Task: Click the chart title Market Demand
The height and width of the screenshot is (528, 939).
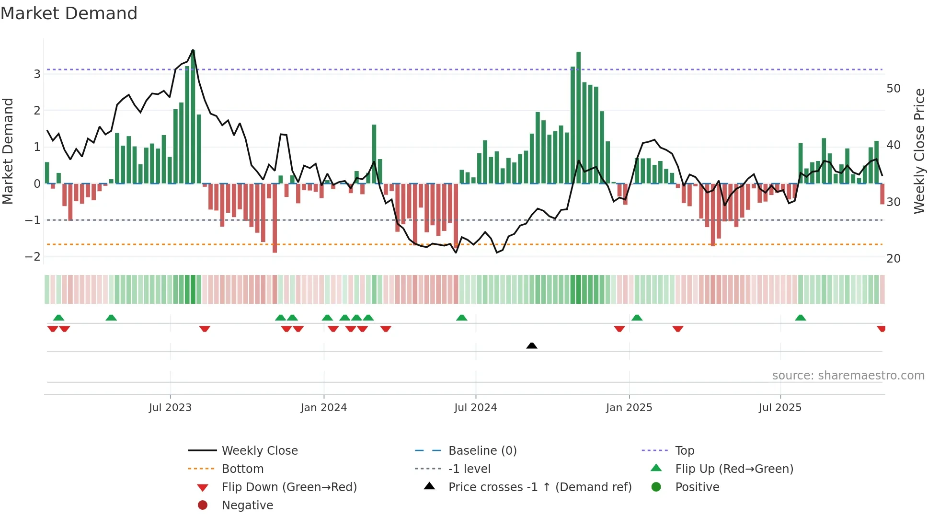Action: [x=69, y=13]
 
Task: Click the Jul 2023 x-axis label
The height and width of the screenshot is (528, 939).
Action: [x=170, y=408]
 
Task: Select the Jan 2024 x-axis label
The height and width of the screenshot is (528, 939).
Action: [x=323, y=408]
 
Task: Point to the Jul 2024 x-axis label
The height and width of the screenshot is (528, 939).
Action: [x=475, y=408]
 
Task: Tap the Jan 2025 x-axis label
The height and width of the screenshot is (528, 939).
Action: [x=629, y=408]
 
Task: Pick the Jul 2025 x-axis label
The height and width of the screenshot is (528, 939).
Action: [x=780, y=408]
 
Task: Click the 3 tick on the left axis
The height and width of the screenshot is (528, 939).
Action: [x=37, y=74]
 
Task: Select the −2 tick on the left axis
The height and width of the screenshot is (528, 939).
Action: [x=33, y=257]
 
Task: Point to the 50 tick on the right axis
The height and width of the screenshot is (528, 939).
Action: [x=893, y=89]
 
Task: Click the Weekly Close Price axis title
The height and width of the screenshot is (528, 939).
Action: [x=919, y=151]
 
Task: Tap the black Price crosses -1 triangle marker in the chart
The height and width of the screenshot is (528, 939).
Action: [x=531, y=345]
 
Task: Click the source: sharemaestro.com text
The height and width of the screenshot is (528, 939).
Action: [x=848, y=376]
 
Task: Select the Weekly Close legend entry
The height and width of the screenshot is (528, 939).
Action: [x=259, y=451]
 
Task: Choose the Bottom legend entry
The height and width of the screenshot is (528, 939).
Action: [x=242, y=469]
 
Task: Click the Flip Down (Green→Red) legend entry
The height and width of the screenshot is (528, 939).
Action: [x=289, y=487]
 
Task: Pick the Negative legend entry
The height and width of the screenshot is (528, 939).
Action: [x=247, y=505]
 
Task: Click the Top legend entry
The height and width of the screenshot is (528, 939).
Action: [x=684, y=451]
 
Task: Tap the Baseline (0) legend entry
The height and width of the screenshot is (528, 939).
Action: [x=482, y=451]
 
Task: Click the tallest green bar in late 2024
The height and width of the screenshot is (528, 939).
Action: [x=578, y=117]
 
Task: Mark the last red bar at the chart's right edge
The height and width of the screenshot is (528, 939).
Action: [x=882, y=194]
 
